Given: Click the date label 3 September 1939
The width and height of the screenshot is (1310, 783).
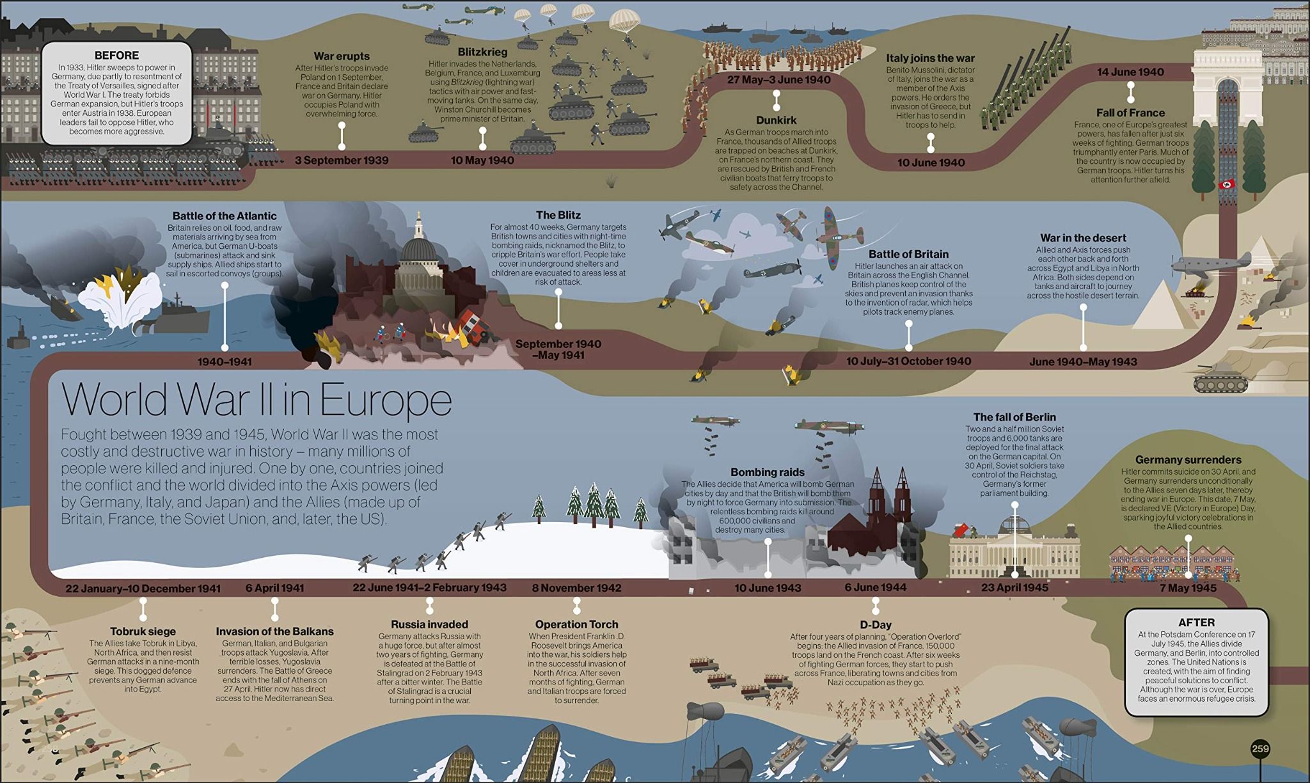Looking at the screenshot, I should pyautogui.click(x=342, y=160).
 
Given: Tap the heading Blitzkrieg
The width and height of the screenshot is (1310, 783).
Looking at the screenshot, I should pyautogui.click(x=482, y=52).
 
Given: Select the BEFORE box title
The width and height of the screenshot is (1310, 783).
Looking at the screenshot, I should pyautogui.click(x=116, y=56).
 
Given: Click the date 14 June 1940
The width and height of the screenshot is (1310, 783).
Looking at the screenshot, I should pyautogui.click(x=1130, y=72).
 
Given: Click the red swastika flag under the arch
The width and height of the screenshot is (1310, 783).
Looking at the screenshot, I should pyautogui.click(x=1226, y=185).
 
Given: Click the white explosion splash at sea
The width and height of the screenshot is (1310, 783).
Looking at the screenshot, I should pyautogui.click(x=122, y=301).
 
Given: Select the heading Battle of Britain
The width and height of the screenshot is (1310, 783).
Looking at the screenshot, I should pyautogui.click(x=908, y=254).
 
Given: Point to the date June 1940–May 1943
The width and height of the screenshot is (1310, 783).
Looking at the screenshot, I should pyautogui.click(x=1083, y=362).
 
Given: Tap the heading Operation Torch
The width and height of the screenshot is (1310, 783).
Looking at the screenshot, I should pyautogui.click(x=576, y=624).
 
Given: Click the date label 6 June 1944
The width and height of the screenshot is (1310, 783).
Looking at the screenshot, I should pyautogui.click(x=875, y=587).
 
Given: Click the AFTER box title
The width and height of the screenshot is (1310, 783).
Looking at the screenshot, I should pyautogui.click(x=1196, y=622).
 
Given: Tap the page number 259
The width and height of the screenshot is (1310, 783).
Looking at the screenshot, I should pyautogui.click(x=1260, y=749).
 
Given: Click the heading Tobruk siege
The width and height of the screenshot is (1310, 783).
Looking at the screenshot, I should pyautogui.click(x=143, y=631).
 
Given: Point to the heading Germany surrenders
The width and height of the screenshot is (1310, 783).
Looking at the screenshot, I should pyautogui.click(x=1188, y=459).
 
